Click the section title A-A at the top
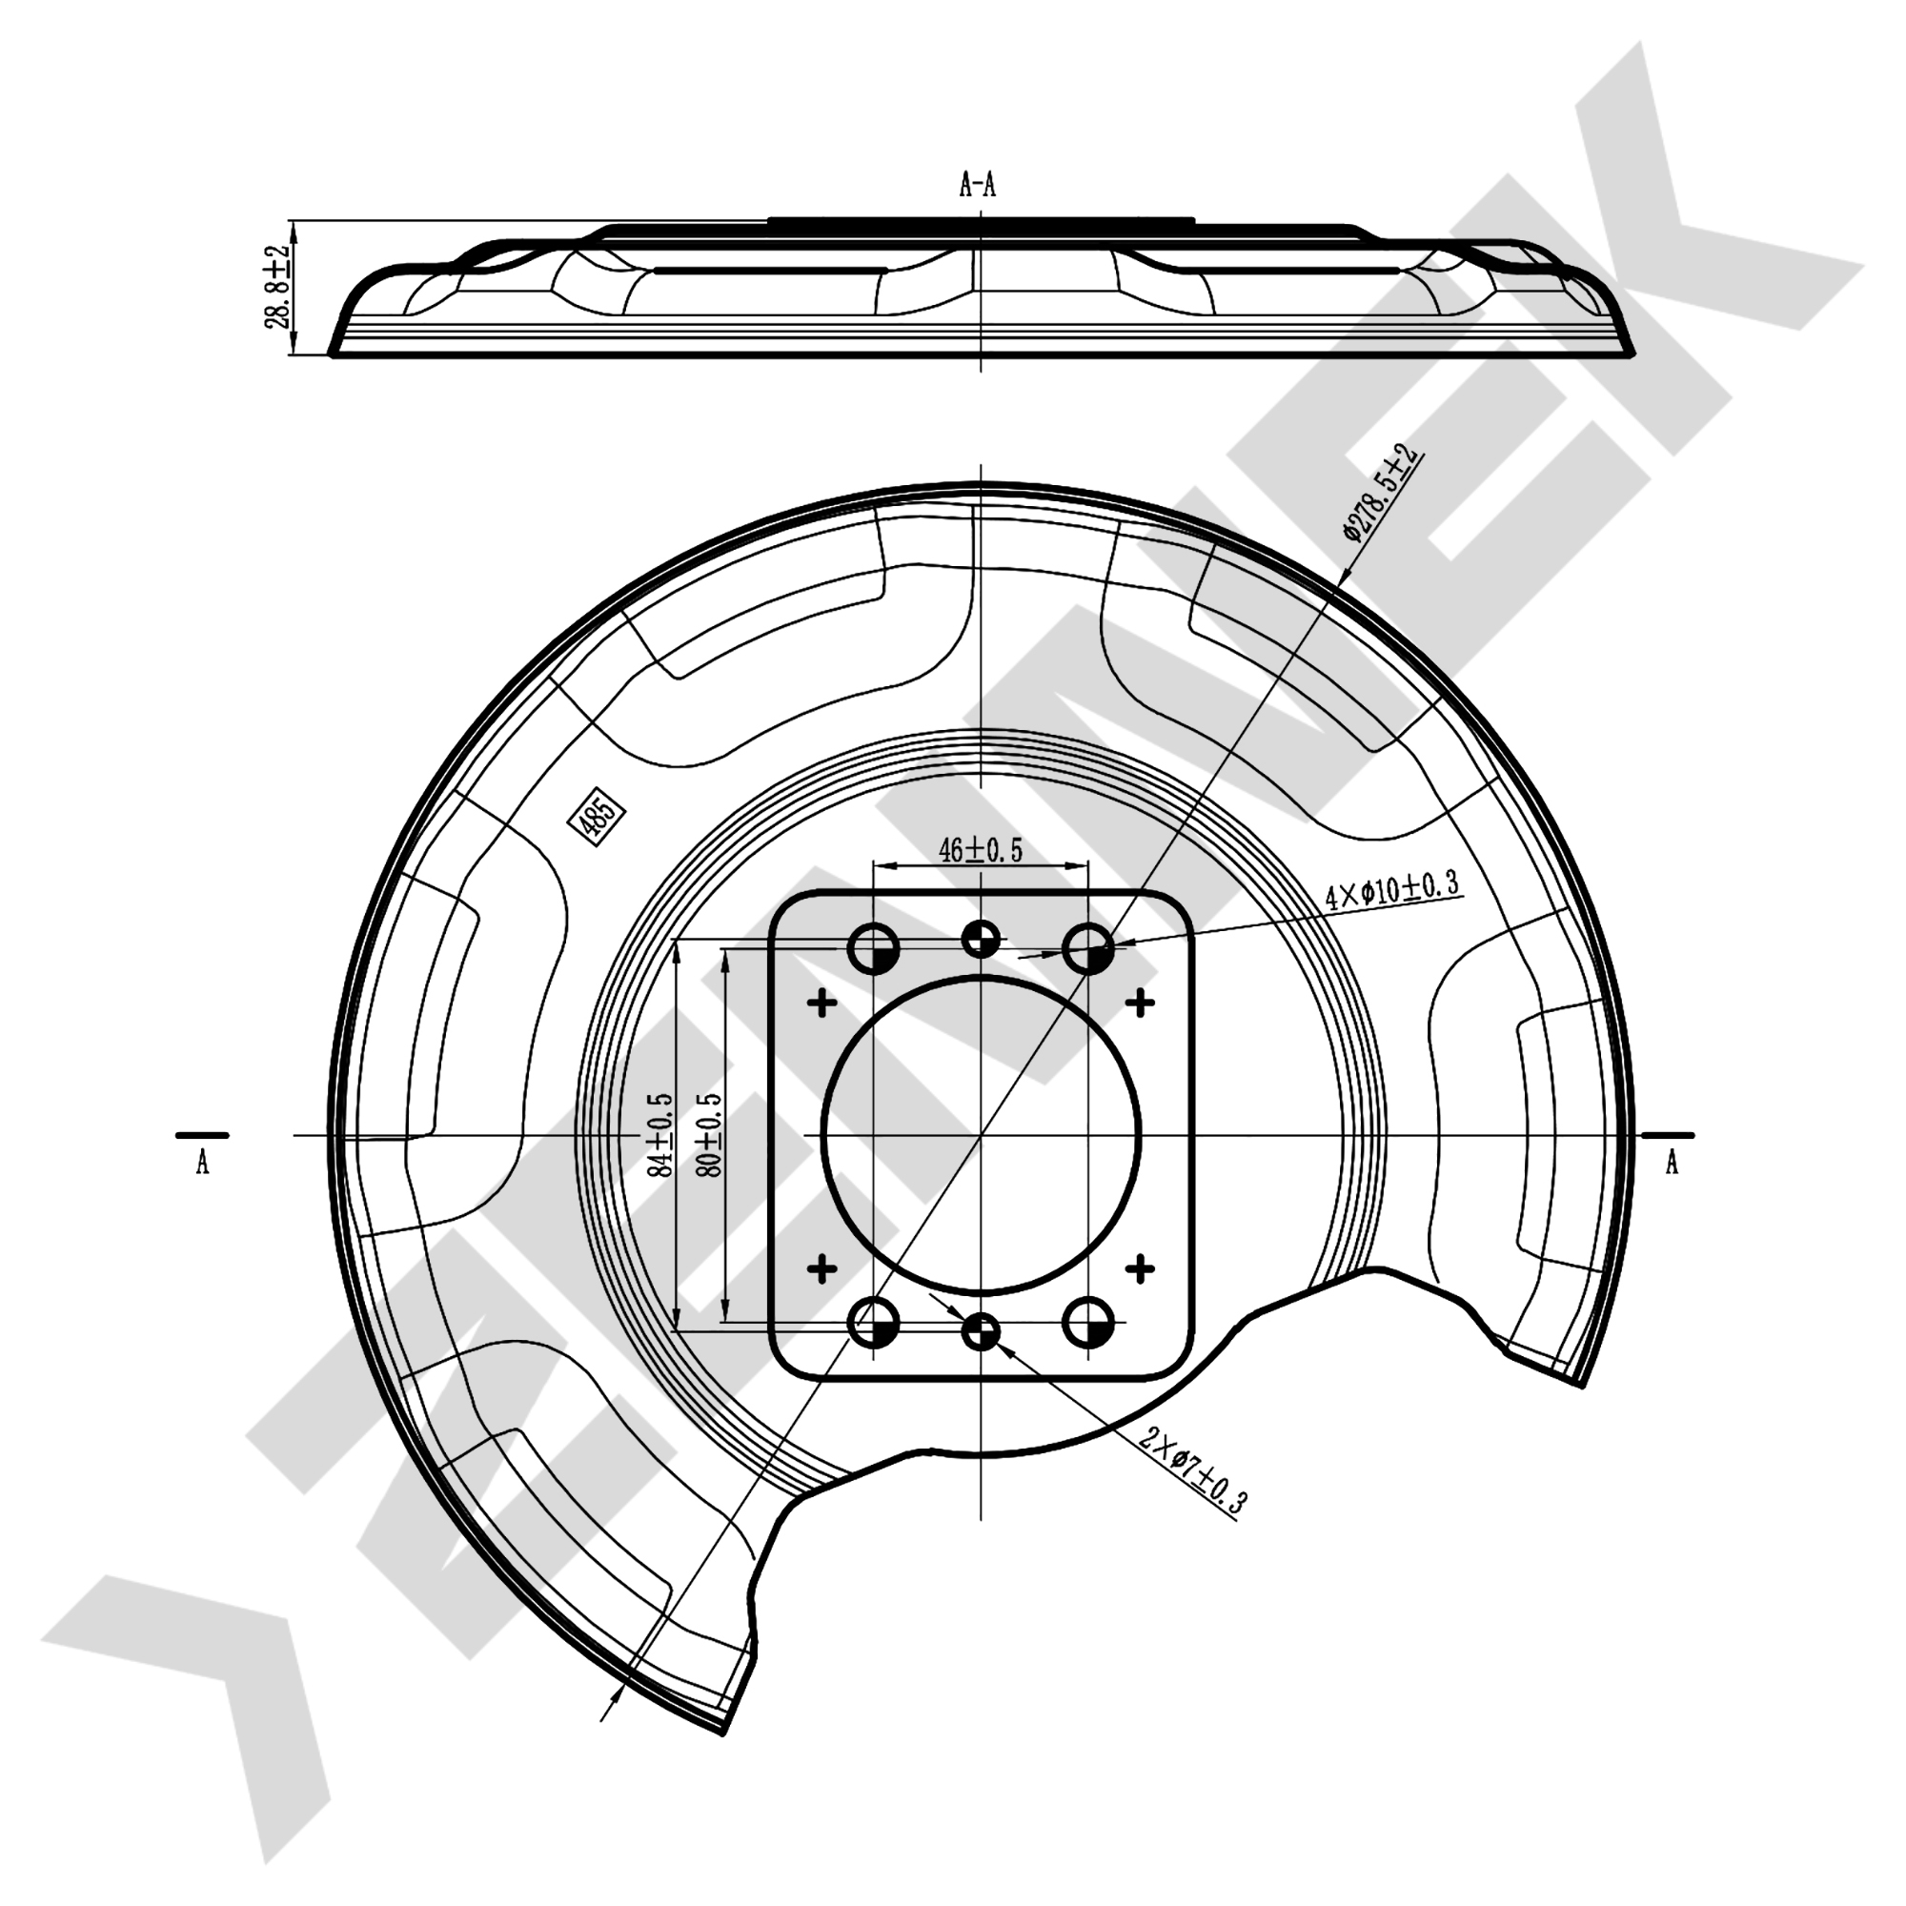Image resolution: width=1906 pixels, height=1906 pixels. coord(978,185)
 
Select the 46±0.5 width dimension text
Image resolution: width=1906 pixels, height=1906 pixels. coord(980,849)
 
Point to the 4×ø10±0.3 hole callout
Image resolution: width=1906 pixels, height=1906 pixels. coord(1391,891)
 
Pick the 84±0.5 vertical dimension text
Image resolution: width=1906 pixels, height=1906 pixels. coord(660,1133)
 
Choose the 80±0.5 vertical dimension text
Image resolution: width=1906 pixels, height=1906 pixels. coord(709,1133)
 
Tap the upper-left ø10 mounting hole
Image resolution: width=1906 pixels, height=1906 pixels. coord(873,950)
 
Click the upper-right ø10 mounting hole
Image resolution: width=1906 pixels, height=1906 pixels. coord(1088,950)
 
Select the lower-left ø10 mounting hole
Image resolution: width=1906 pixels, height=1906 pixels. coord(873,1322)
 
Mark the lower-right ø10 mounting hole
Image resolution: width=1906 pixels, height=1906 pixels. coord(1088,1322)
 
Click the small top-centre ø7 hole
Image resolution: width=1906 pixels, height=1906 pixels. coord(981,938)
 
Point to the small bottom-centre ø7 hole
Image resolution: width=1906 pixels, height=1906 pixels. coord(981,1334)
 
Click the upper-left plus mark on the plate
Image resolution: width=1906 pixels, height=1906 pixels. coord(821,1004)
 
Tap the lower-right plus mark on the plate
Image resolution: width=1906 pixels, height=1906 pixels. coord(1140,1267)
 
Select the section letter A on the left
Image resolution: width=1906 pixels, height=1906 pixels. coord(202,1165)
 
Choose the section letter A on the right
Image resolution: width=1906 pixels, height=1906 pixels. coord(1672,1165)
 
